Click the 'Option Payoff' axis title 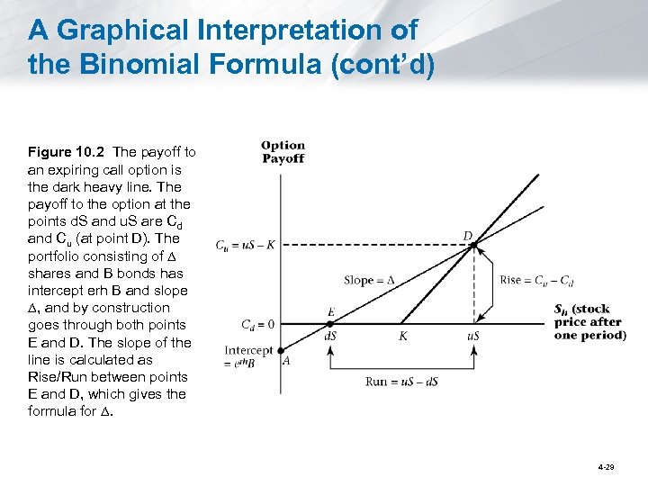pyautogui.click(x=283, y=151)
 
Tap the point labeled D pyautogui.click(x=473, y=244)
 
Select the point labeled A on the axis pyautogui.click(x=282, y=351)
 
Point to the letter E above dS pyautogui.click(x=331, y=312)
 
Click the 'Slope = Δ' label pyautogui.click(x=369, y=280)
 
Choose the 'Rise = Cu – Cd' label pyautogui.click(x=536, y=279)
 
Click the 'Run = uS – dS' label pyautogui.click(x=401, y=381)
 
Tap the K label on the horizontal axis pyautogui.click(x=402, y=336)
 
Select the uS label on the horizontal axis pyautogui.click(x=472, y=336)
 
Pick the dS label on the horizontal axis pyautogui.click(x=331, y=336)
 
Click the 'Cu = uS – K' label pyautogui.click(x=246, y=244)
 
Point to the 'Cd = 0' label pyautogui.click(x=257, y=324)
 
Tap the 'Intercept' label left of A pyautogui.click(x=248, y=350)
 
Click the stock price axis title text pyautogui.click(x=589, y=322)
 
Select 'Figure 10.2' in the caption pyautogui.click(x=67, y=152)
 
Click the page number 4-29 pyautogui.click(x=605, y=469)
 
